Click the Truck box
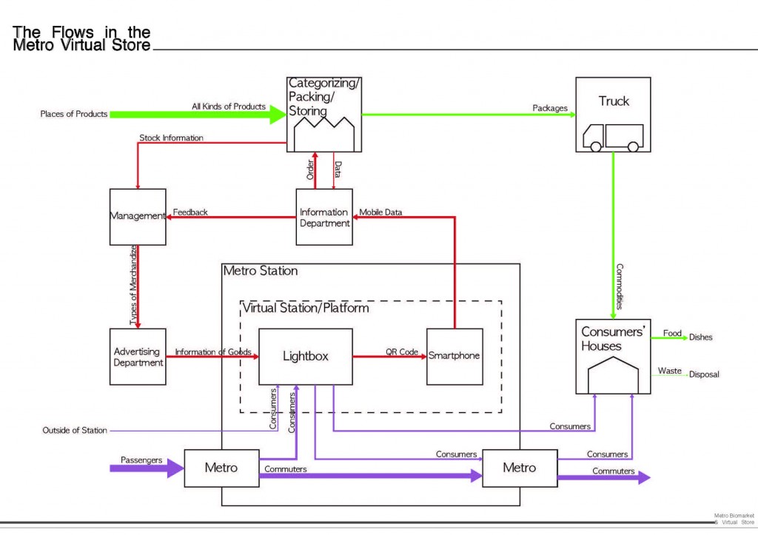tap(613, 115)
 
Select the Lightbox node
tap(305, 356)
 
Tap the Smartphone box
tap(455, 356)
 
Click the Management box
tap(138, 216)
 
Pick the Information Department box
tap(324, 217)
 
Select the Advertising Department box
tap(138, 357)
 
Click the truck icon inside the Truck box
tap(613, 138)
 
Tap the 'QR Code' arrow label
tap(402, 351)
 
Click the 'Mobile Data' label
tap(381, 212)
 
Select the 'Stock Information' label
tap(171, 138)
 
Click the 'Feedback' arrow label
tap(190, 212)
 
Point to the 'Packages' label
tap(550, 108)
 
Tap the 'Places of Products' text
tap(74, 114)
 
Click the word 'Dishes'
tap(700, 337)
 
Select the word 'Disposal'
tap(703, 374)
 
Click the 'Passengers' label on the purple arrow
tap(141, 460)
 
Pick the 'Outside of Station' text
tap(75, 430)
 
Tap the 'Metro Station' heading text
tap(261, 271)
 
